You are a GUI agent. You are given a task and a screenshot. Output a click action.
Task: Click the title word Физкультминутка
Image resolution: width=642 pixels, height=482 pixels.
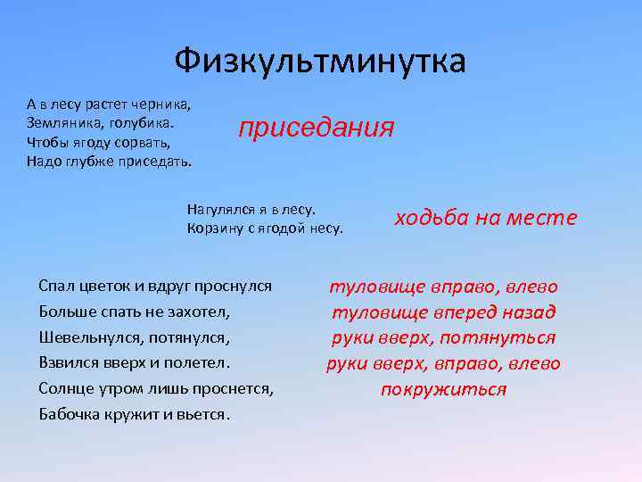[x=320, y=62]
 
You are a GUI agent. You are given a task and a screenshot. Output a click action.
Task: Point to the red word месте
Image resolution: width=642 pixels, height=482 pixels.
[x=543, y=218]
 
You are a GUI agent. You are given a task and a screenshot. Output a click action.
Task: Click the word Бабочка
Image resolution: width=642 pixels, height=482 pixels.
[x=74, y=415]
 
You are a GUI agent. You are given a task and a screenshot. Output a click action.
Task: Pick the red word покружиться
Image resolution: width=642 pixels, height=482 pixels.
[x=443, y=390]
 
